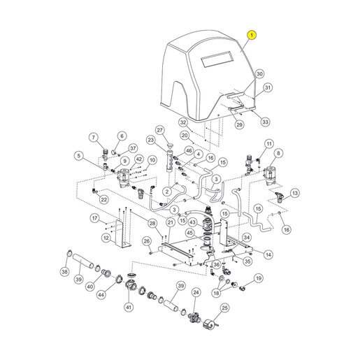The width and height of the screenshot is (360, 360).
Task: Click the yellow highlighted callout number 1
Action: (x=252, y=36)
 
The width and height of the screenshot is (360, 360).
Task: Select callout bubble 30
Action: (x=259, y=74)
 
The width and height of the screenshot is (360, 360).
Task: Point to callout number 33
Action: (x=266, y=122)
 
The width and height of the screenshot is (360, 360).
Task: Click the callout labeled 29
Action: (x=239, y=124)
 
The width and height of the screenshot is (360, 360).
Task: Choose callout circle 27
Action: (x=160, y=130)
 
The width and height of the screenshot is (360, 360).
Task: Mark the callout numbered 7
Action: (x=94, y=138)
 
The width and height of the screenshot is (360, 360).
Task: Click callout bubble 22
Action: (x=104, y=200)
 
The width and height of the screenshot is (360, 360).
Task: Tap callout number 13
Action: (x=295, y=193)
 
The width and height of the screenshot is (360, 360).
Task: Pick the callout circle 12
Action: (x=106, y=238)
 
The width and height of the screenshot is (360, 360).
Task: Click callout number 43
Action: (x=192, y=222)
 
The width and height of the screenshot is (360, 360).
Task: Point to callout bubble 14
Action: (x=268, y=255)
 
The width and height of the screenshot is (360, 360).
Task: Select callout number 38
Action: (x=64, y=271)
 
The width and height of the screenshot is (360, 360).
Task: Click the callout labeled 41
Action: (x=129, y=308)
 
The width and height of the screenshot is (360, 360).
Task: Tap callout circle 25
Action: (x=224, y=308)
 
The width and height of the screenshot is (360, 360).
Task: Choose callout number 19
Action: (x=259, y=278)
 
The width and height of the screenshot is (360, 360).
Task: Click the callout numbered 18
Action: (x=217, y=293)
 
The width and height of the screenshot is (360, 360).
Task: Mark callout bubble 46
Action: (x=189, y=151)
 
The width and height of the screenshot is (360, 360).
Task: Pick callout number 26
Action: (x=147, y=241)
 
